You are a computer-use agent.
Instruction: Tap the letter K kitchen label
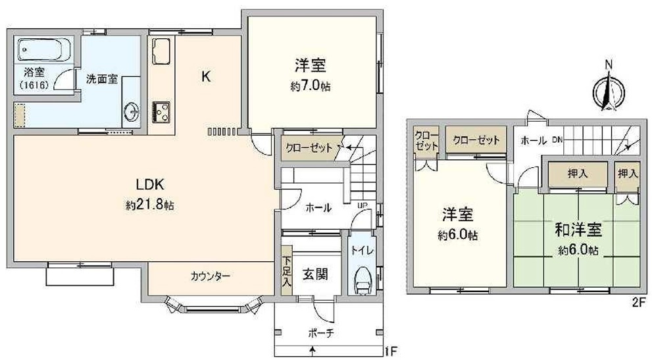[206, 76]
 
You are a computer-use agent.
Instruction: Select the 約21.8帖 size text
[150, 205]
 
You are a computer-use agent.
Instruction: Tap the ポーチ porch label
[321, 333]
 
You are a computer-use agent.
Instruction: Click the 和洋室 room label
[578, 230]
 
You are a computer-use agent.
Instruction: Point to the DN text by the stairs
[557, 140]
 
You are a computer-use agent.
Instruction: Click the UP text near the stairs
[361, 205]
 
